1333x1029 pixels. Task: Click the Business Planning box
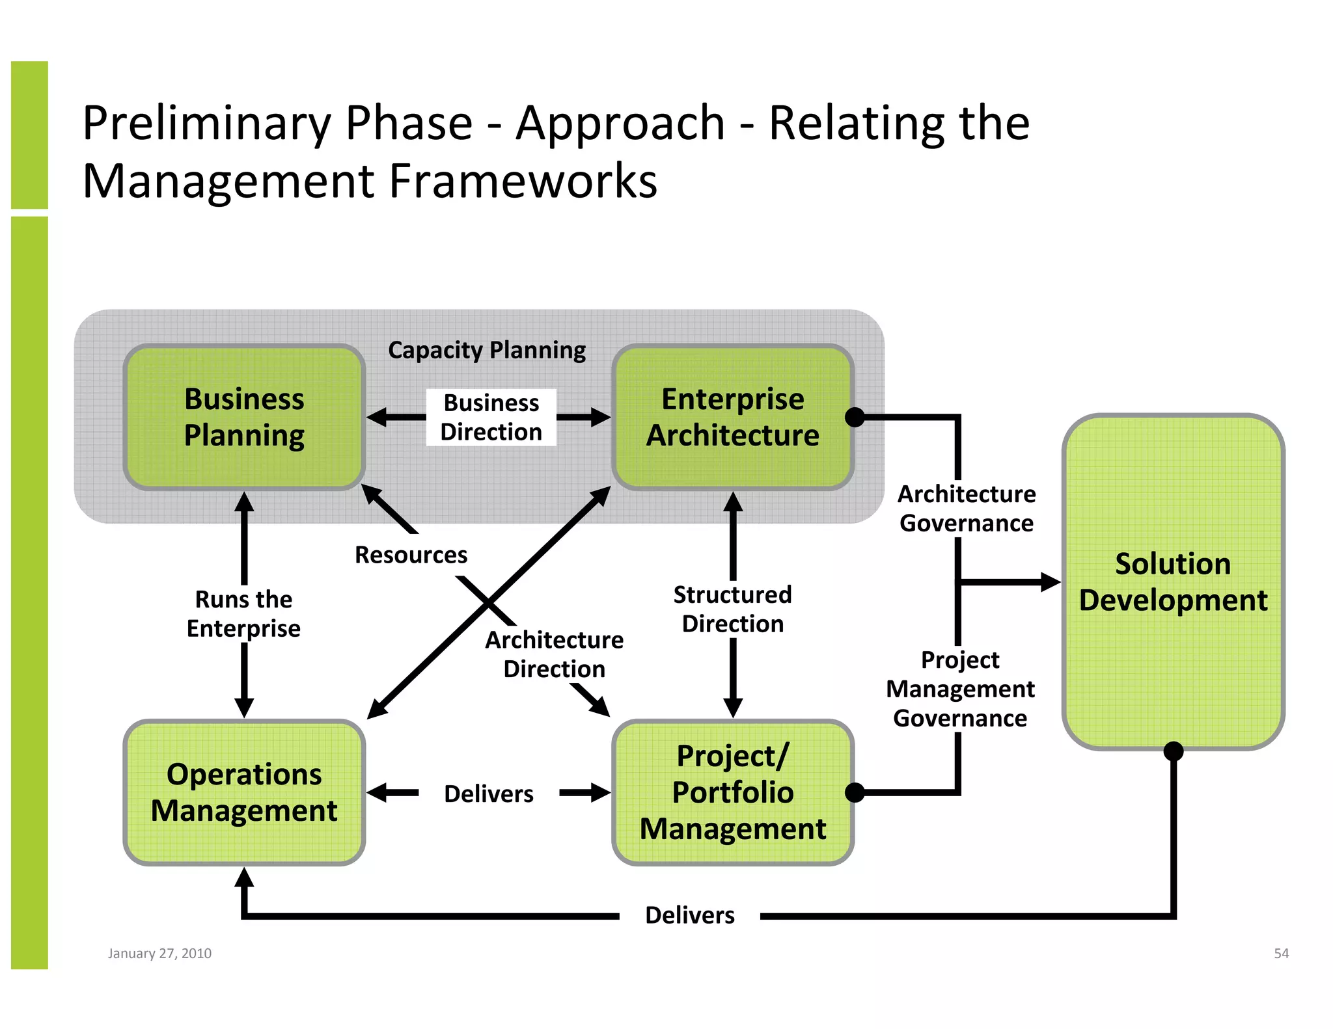[x=244, y=417]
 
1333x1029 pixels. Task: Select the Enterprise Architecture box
[x=733, y=417]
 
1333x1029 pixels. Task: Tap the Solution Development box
[x=1173, y=581]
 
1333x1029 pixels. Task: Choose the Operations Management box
[x=244, y=792]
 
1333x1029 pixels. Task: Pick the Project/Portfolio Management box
[x=733, y=792]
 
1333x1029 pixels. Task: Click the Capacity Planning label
[x=487, y=350]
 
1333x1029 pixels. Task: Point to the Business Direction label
[x=491, y=418]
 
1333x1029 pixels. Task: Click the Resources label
[x=411, y=555]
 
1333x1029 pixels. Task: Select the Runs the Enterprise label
[x=243, y=613]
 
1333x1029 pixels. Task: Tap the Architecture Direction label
[x=554, y=654]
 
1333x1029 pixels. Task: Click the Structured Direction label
[x=732, y=609]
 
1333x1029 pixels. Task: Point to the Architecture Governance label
[x=967, y=509]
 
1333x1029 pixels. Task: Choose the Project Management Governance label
[x=960, y=689]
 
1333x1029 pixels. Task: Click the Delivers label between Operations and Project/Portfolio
[x=488, y=794]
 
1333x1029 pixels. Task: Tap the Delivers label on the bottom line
[x=689, y=915]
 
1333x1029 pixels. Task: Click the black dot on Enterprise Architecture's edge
[x=855, y=418]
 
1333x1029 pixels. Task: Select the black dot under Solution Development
[x=1173, y=751]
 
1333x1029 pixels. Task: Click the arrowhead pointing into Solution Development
[x=1050, y=582]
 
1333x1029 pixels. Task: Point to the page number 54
[x=1281, y=954]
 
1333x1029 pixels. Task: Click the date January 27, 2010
[x=159, y=954]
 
